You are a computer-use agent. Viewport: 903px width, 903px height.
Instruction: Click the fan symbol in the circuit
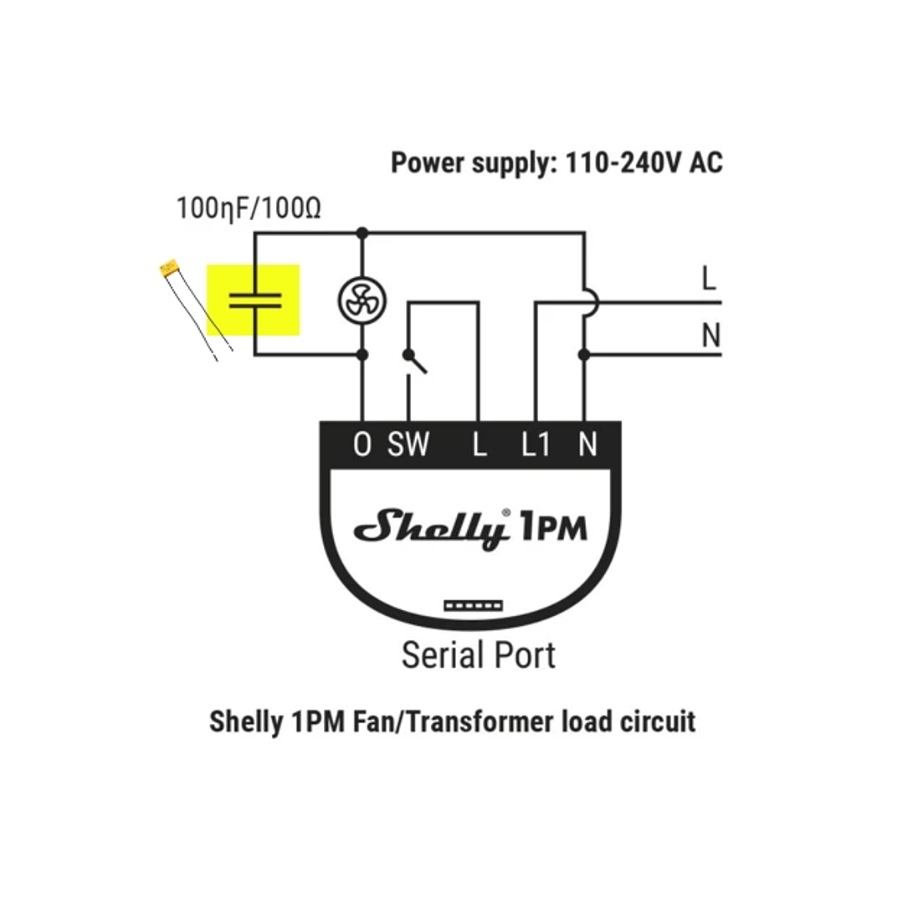[362, 300]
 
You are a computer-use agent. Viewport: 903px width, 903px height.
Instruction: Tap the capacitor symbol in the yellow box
[255, 300]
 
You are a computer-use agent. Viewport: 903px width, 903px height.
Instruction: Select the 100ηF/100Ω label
[249, 208]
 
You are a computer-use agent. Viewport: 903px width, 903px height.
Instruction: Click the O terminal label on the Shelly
[362, 444]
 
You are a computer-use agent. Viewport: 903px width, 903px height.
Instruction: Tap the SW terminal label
[408, 444]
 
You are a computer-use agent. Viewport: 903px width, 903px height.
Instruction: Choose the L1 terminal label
[536, 444]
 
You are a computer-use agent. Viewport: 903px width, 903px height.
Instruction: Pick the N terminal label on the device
[587, 444]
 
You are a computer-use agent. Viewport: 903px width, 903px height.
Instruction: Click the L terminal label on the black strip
[480, 444]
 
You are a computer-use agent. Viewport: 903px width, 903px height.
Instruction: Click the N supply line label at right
[711, 335]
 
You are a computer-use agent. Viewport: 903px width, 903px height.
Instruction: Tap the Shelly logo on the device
[432, 528]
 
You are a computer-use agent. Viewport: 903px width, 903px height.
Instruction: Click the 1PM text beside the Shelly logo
[554, 526]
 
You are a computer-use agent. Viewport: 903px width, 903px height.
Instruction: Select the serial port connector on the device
[474, 605]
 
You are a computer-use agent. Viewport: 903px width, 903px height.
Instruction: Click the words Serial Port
[479, 655]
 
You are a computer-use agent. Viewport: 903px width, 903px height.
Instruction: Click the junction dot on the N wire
[584, 355]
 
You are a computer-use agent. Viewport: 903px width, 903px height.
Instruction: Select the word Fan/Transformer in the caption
[454, 721]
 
